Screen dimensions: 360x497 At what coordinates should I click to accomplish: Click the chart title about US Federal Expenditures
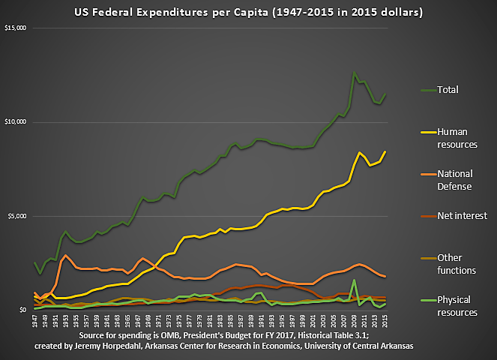pyautogui.click(x=248, y=13)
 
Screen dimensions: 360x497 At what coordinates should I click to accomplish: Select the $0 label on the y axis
pyautogui.click(x=22, y=310)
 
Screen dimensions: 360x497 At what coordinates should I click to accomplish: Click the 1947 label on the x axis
pyautogui.click(x=35, y=321)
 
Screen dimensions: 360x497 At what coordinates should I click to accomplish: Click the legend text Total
pyautogui.click(x=447, y=90)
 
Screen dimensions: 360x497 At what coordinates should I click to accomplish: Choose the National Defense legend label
pyautogui.click(x=454, y=179)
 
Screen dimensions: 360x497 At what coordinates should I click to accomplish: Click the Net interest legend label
pyautogui.click(x=463, y=216)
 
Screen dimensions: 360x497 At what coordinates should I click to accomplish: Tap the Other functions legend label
pyautogui.click(x=457, y=263)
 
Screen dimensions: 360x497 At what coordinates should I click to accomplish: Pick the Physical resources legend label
pyautogui.click(x=457, y=306)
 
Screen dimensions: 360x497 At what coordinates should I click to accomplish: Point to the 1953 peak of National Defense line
pyautogui.click(x=66, y=256)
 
